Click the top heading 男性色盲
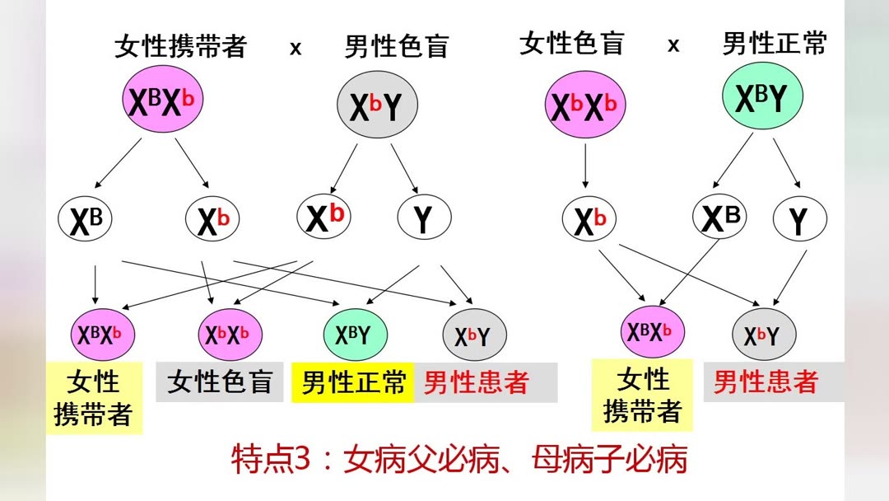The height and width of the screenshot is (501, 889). (x=396, y=46)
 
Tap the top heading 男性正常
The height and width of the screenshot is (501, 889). (x=774, y=44)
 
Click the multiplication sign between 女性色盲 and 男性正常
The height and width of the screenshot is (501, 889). (x=673, y=45)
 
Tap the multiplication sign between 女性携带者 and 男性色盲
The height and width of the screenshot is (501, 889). (x=296, y=48)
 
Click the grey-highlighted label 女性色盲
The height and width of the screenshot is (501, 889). (x=220, y=382)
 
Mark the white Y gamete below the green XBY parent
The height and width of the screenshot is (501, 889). (x=799, y=220)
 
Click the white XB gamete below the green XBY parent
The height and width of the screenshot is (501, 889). (x=719, y=218)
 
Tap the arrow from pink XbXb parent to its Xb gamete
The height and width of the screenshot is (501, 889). (x=585, y=165)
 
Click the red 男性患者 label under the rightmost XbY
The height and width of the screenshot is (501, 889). (x=766, y=382)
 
